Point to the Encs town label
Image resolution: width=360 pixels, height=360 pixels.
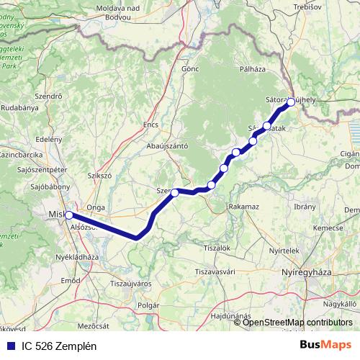point(150,125)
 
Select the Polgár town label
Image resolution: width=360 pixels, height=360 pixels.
point(148,305)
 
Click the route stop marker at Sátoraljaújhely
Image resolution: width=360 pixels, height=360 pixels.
point(291,102)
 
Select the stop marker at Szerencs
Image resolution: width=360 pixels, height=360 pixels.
point(175,192)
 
